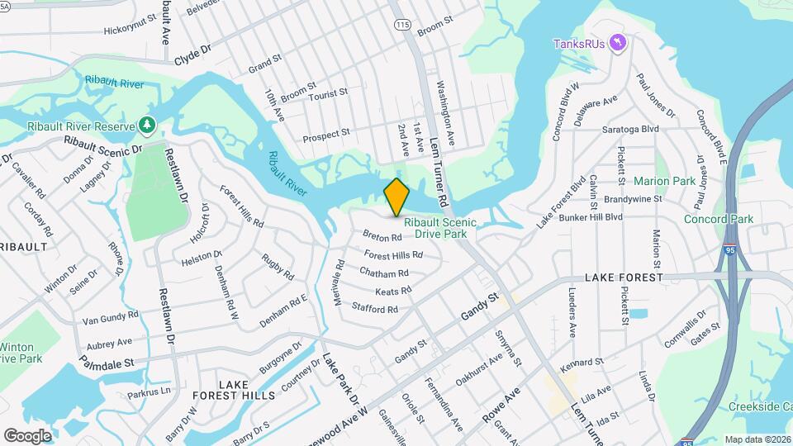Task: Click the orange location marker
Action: [x=396, y=197]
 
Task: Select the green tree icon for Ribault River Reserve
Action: [x=146, y=126]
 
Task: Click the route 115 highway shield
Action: [x=402, y=26]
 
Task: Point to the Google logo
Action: [x=27, y=435]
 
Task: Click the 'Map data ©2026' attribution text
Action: [x=757, y=439]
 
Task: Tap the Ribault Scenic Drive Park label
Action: [x=440, y=229]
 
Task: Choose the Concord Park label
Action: [x=718, y=219]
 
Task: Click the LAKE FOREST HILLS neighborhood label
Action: [x=234, y=391]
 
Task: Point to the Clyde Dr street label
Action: [x=192, y=55]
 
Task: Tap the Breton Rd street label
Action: [x=382, y=236]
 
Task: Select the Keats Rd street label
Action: [x=393, y=291]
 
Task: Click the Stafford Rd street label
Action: [x=375, y=309]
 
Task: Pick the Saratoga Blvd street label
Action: [x=630, y=129]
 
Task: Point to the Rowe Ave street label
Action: [x=501, y=406]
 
